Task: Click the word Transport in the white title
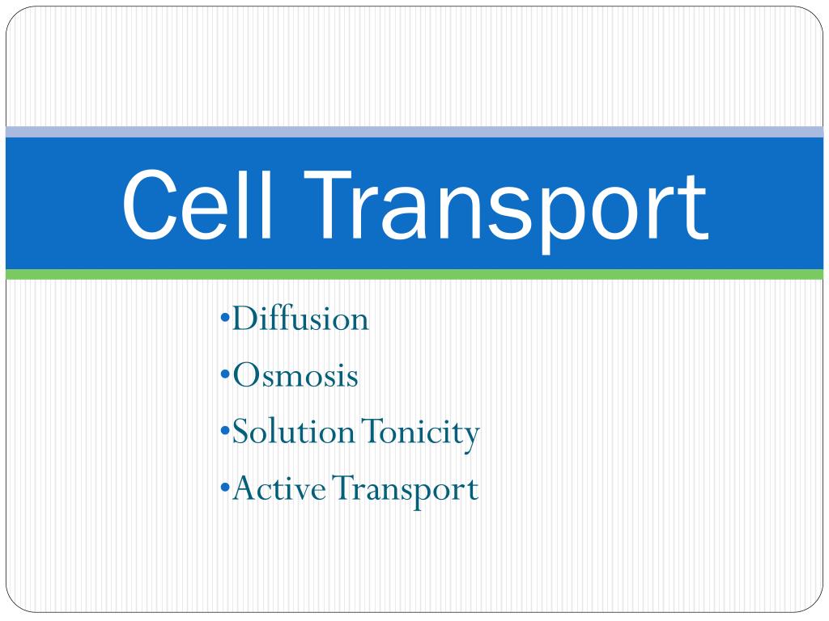coord(506,211)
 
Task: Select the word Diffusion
coord(300,319)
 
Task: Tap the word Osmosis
coord(295,375)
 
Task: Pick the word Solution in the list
coord(293,432)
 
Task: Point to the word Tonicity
coord(421,434)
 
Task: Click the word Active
coord(279,488)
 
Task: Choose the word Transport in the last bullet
coord(406,491)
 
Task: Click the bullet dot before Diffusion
coord(225,319)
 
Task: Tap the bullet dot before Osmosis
coord(225,375)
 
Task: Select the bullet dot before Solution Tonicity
coord(225,432)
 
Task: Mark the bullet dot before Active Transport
coord(225,488)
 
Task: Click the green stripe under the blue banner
coord(414,274)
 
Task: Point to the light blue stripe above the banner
coord(414,132)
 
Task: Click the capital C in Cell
coord(149,204)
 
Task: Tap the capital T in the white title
coord(328,205)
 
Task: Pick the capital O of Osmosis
coord(247,375)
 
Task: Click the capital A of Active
coord(248,488)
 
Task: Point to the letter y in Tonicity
coord(471,440)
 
